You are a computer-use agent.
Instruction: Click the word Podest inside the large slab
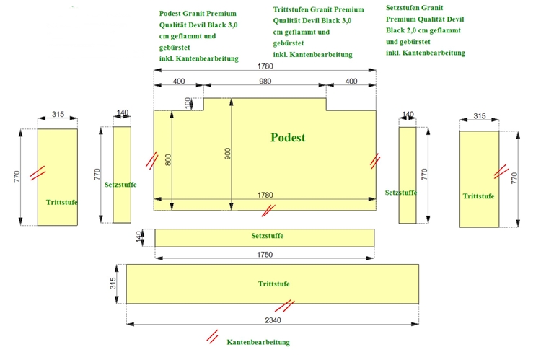point(288,138)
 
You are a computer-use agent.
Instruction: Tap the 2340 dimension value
point(273,320)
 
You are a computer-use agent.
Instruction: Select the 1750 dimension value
point(265,254)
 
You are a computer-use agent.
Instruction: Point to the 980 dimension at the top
point(265,82)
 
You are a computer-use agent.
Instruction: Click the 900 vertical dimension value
point(229,154)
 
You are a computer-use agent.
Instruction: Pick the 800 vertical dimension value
point(169,160)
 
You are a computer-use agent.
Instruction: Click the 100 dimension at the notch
point(189,103)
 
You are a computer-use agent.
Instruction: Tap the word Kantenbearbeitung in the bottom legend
point(258,342)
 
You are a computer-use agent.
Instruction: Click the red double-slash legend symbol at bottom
point(213,336)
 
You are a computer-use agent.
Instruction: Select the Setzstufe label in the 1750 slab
point(267,237)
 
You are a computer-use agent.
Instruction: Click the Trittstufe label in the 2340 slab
point(274,284)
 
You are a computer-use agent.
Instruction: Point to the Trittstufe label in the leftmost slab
point(61,202)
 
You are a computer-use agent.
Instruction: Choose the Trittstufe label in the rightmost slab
point(478,196)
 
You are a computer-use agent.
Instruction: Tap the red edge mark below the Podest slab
point(268,211)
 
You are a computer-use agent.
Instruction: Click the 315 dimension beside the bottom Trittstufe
point(113,284)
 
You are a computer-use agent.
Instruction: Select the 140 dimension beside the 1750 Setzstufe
point(139,237)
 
